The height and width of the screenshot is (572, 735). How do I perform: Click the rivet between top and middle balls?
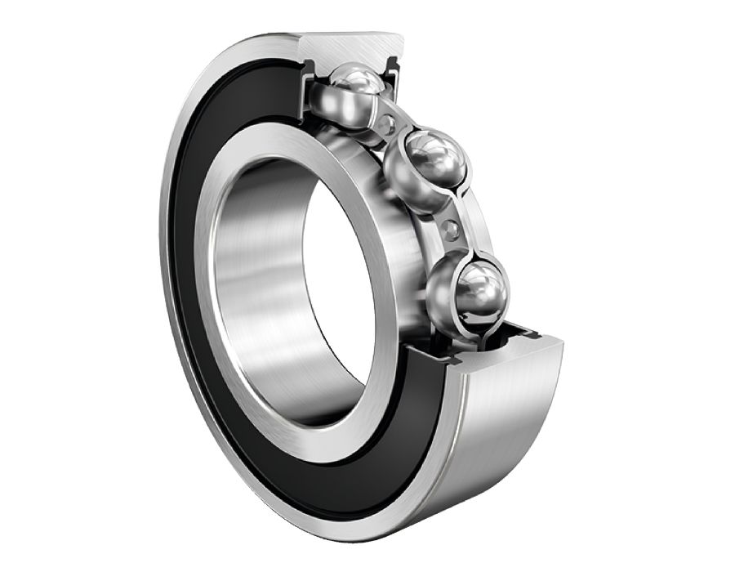(391, 124)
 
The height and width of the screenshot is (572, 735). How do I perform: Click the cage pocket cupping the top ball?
(331, 102)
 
